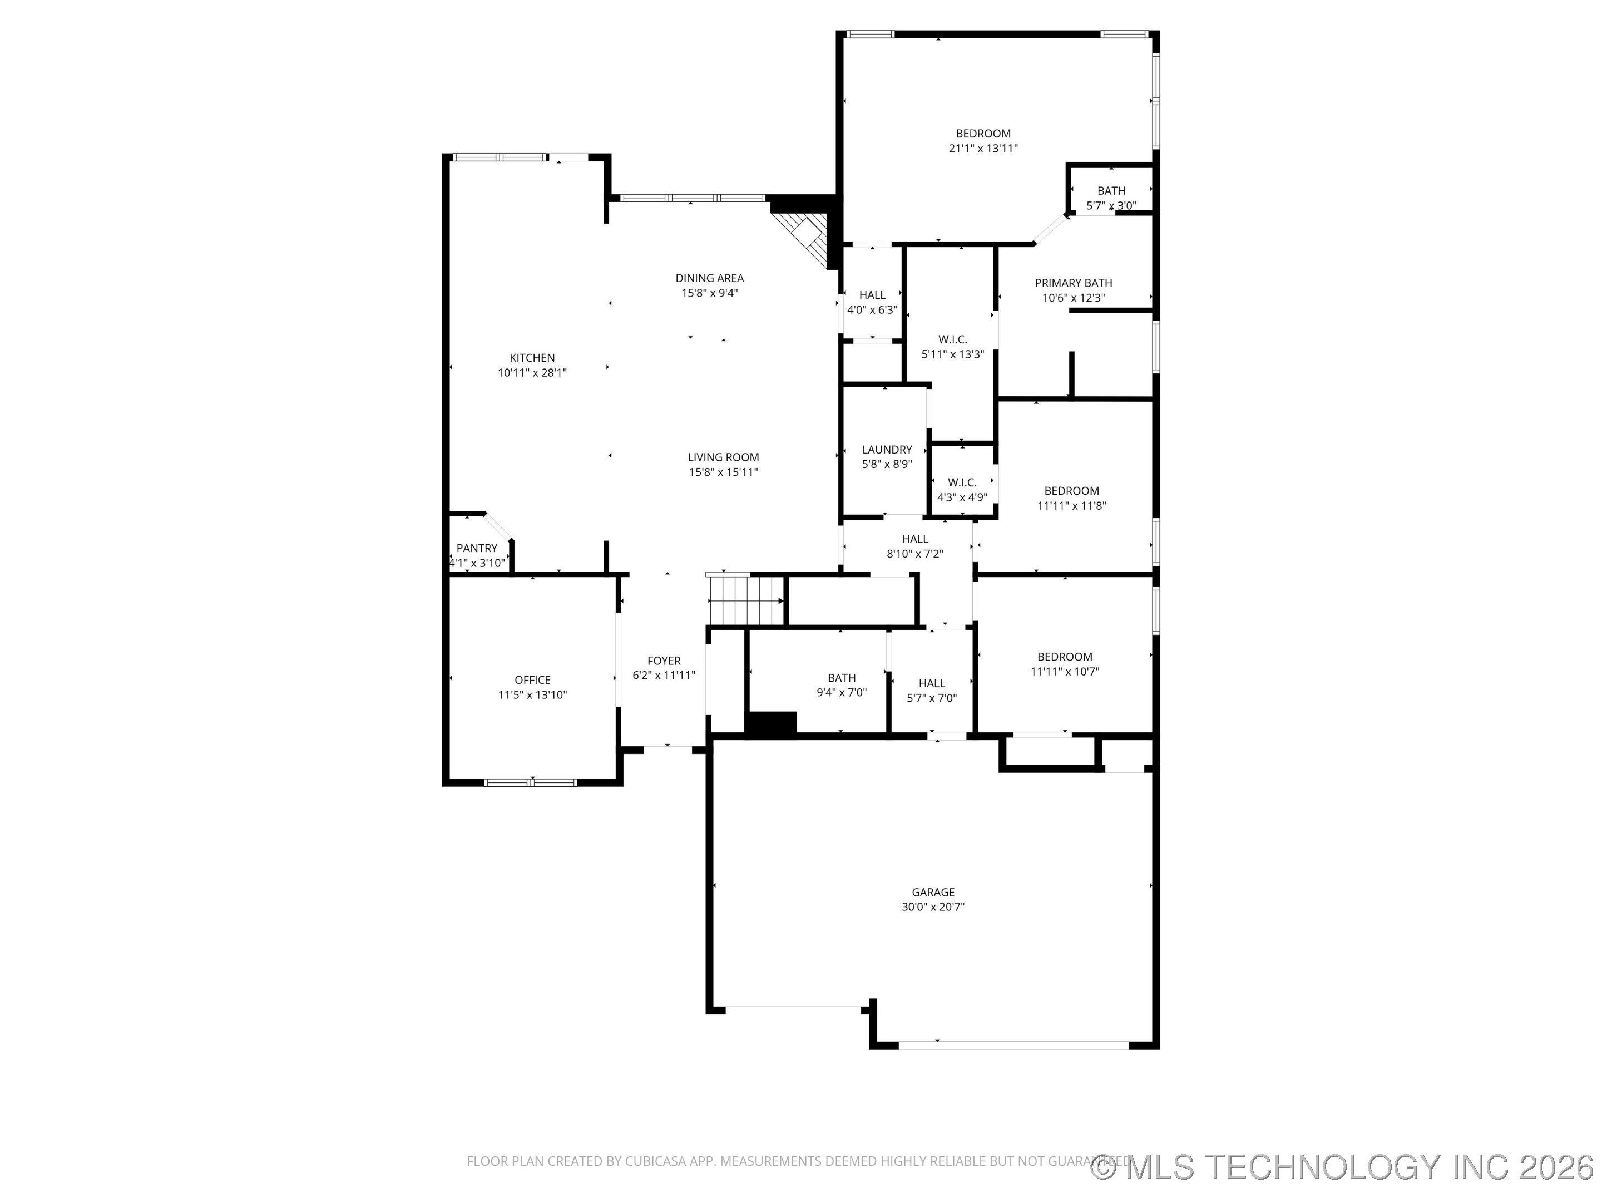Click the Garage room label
(x=933, y=892)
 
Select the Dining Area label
(x=709, y=278)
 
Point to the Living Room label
(x=723, y=457)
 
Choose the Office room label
(x=532, y=679)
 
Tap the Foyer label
(x=664, y=661)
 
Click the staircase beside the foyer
(x=746, y=600)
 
